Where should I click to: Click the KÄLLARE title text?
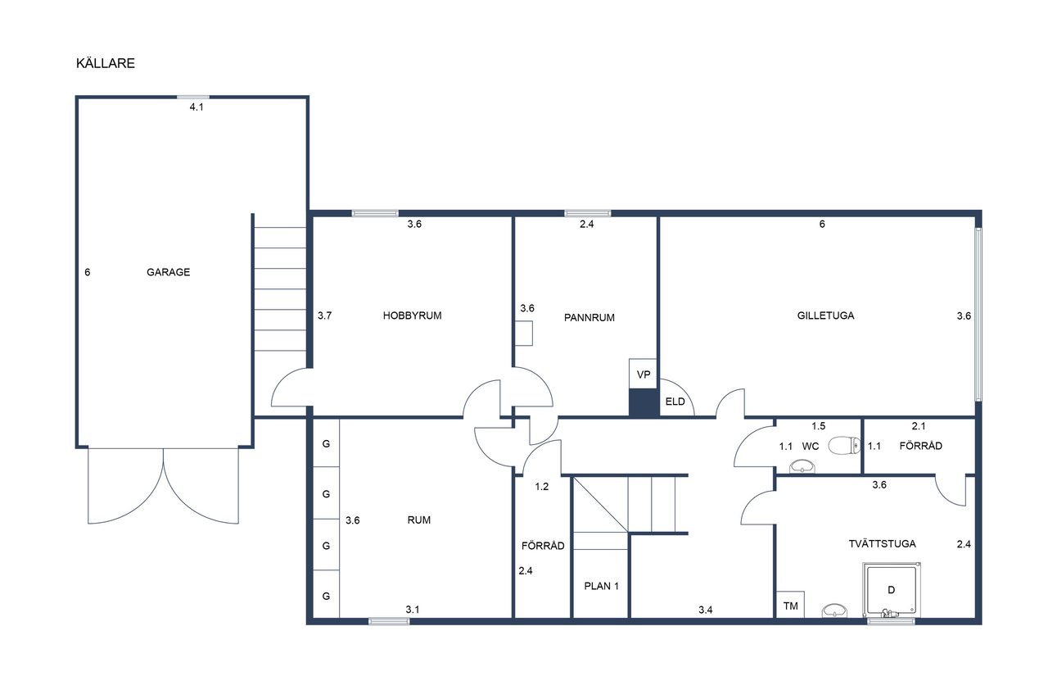[x=106, y=63]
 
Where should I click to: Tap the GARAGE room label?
[x=169, y=272]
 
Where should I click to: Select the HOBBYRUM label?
[x=412, y=315]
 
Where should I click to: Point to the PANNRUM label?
[x=589, y=317]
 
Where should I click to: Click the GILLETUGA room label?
[x=826, y=315]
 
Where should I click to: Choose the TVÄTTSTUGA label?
[x=882, y=543]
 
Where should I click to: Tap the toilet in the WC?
[x=844, y=445]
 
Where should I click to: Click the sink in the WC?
[x=802, y=466]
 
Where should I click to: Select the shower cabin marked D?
[x=892, y=590]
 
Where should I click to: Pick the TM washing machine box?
[x=790, y=605]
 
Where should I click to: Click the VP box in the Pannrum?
[x=644, y=374]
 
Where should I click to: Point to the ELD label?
[x=675, y=402]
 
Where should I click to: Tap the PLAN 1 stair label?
[x=601, y=586]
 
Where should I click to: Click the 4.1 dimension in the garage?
[x=196, y=107]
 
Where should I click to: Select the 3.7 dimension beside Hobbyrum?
[x=325, y=315]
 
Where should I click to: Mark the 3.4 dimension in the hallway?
[x=706, y=610]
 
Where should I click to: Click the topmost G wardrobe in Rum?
[x=326, y=443]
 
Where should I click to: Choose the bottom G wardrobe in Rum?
[x=326, y=595]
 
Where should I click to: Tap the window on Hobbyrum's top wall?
[x=375, y=214]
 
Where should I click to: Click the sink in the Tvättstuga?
[x=834, y=610]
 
